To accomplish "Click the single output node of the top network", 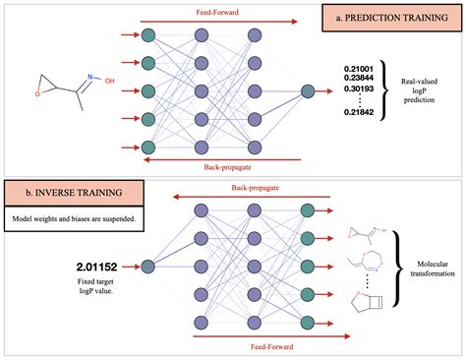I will [x=308, y=91].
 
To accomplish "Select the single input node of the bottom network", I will [x=146, y=266].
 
